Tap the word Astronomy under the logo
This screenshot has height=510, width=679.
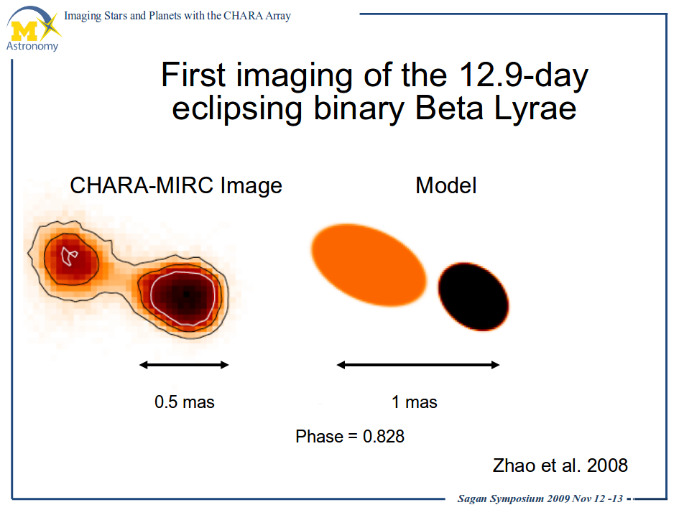[x=32, y=46]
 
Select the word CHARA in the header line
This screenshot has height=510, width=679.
[x=243, y=16]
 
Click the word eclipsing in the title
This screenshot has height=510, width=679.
[x=237, y=109]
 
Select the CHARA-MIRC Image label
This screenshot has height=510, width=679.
[x=176, y=185]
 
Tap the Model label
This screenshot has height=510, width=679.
[x=446, y=185]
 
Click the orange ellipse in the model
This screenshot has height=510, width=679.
[x=369, y=265]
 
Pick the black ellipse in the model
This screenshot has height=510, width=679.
[x=474, y=297]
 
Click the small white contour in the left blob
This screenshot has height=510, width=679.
[x=69, y=256]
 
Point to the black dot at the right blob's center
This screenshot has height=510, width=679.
[x=186, y=295]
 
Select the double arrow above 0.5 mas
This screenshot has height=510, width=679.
[x=184, y=365]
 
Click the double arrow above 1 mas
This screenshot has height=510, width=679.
[x=418, y=365]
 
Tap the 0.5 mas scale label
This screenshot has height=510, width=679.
[x=185, y=402]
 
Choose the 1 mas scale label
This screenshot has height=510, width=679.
[x=415, y=402]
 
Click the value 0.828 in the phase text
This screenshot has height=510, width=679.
[x=384, y=437]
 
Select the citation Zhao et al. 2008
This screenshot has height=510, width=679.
[x=560, y=465]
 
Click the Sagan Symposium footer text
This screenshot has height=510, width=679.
[x=540, y=499]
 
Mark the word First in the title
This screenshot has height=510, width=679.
[x=193, y=75]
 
